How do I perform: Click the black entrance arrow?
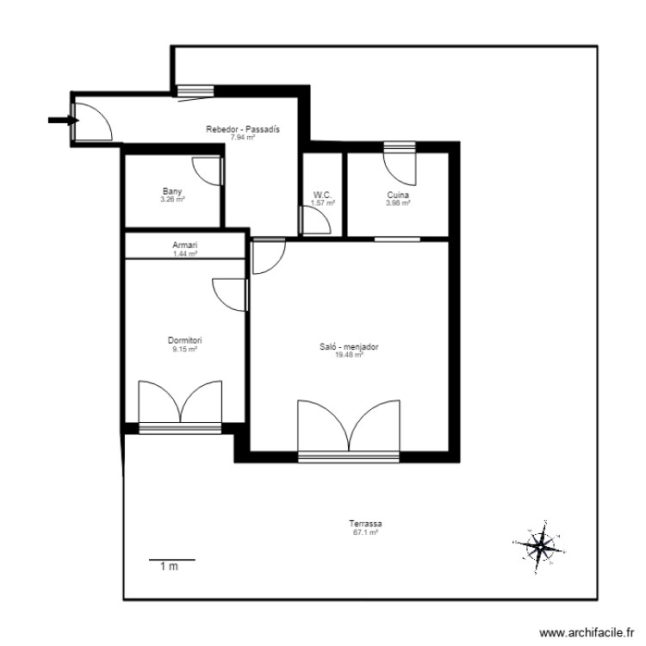coord(59,121)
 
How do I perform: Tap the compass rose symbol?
coord(539,545)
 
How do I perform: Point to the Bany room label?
coord(172,192)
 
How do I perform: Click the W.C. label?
coord(322,196)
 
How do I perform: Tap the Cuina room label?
coord(398,196)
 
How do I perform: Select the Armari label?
coord(185,245)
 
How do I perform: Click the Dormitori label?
coord(185,341)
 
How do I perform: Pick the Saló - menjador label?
coord(349,347)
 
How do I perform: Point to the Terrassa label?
coord(365,524)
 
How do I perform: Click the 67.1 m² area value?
coord(365,533)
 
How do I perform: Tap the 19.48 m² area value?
coord(349,354)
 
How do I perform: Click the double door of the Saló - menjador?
coord(349,426)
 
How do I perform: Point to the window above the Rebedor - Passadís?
coord(196,90)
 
